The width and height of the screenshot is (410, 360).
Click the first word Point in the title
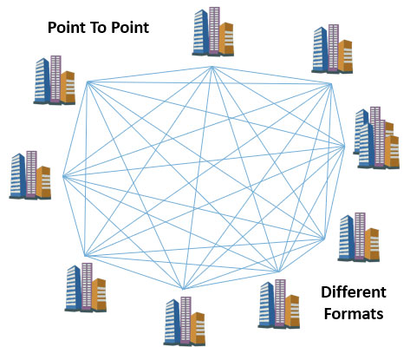[66, 28]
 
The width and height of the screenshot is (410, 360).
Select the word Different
[354, 292]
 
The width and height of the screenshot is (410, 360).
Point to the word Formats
[354, 314]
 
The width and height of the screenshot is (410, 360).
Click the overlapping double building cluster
[376, 138]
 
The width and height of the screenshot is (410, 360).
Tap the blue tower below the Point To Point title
[42, 81]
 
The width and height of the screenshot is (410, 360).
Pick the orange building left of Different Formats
[292, 311]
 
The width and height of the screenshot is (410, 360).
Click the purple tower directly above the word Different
[360, 236]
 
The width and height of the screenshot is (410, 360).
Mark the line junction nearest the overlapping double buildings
[344, 147]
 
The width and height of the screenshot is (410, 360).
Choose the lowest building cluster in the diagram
[185, 321]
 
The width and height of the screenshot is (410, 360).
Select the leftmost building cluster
[30, 175]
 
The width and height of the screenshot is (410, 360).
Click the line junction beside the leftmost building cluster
[63, 176]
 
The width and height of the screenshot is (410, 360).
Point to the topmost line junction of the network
[212, 67]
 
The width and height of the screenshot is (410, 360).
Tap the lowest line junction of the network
[183, 289]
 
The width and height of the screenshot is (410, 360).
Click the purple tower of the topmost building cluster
[214, 30]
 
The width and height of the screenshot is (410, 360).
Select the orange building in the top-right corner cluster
[345, 56]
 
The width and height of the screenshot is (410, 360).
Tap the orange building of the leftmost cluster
[43, 182]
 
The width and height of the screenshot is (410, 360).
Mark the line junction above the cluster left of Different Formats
[278, 272]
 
